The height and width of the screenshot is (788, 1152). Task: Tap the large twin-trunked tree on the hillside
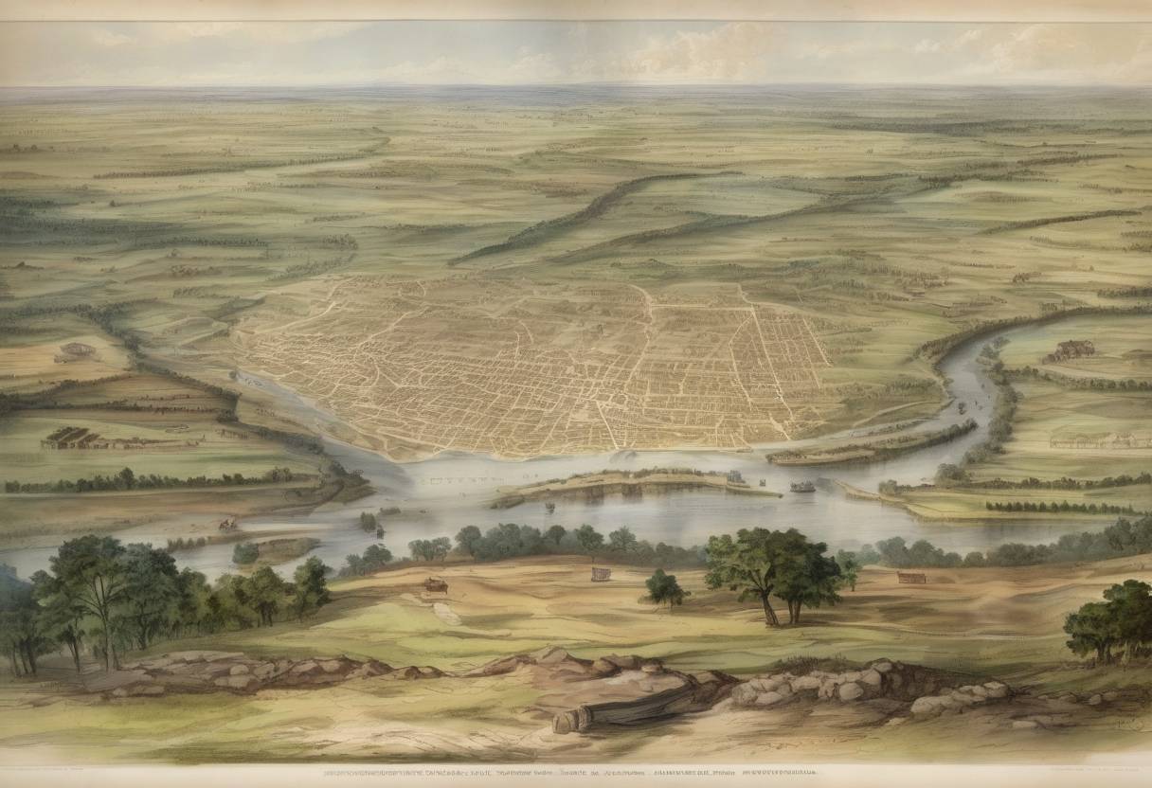point(772,573)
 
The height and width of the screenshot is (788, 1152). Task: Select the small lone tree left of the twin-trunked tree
point(665,588)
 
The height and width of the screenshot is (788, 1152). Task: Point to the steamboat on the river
point(801,487)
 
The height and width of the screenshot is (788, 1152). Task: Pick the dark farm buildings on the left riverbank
point(74,438)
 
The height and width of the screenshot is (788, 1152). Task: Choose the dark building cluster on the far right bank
point(1071,350)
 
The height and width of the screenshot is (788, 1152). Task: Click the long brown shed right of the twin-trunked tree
point(910,577)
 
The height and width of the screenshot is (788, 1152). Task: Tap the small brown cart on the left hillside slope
point(436,585)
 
